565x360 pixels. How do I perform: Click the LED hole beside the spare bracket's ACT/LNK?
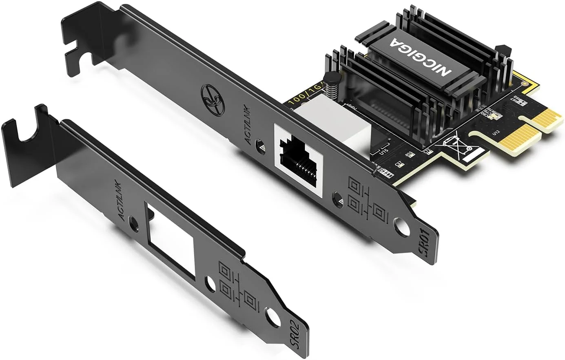[x=133, y=223]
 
